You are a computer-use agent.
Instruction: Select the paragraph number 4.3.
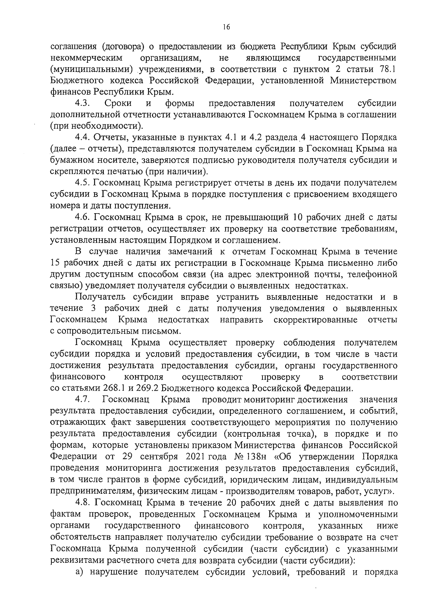click(x=84, y=103)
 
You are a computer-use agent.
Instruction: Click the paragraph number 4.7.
click(x=84, y=400)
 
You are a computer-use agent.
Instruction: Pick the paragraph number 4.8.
click(x=84, y=503)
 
